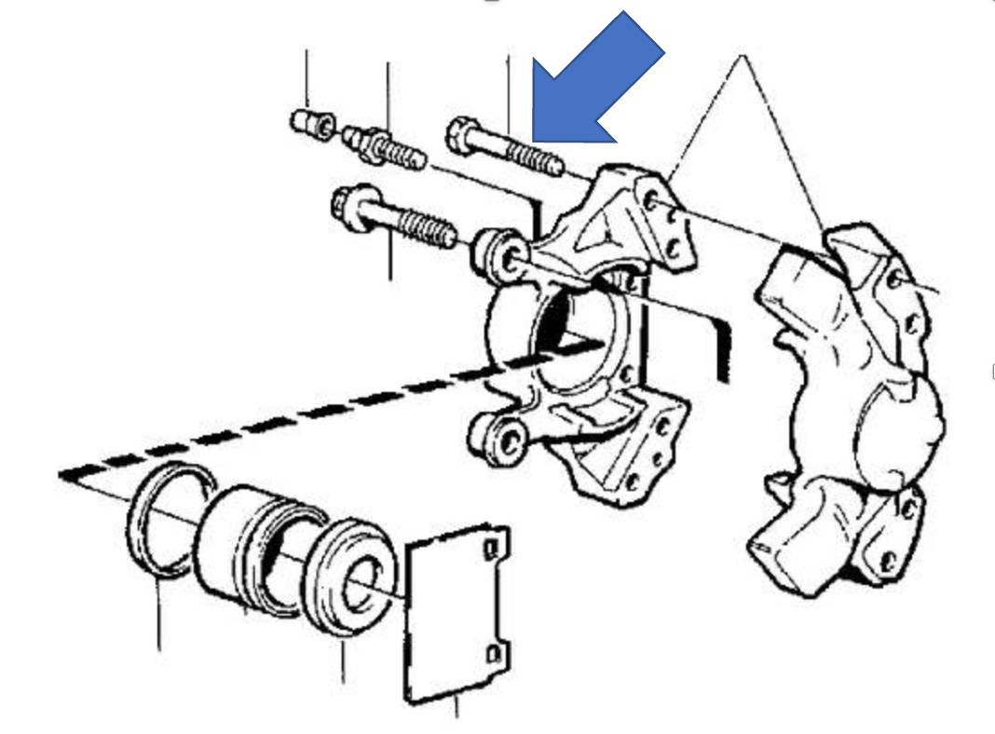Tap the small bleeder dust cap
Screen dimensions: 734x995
pos(311,122)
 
